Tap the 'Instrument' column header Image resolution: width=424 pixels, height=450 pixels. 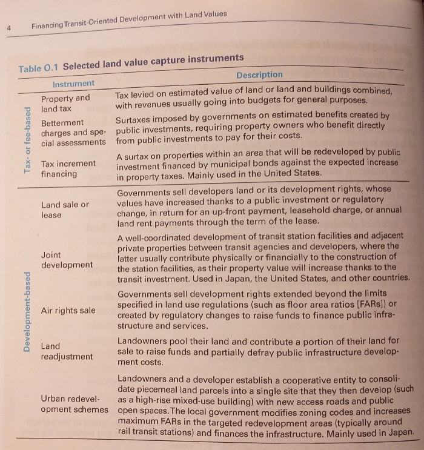74,83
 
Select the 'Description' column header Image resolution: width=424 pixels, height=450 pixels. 259,74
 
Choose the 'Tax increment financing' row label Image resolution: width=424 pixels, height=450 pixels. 68,169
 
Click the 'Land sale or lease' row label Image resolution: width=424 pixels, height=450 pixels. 65,210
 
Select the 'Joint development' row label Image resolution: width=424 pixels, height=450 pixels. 67,260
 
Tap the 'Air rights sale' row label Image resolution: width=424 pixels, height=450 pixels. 68,311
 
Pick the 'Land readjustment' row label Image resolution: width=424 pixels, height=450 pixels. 67,351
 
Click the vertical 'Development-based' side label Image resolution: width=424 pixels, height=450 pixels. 28,313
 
